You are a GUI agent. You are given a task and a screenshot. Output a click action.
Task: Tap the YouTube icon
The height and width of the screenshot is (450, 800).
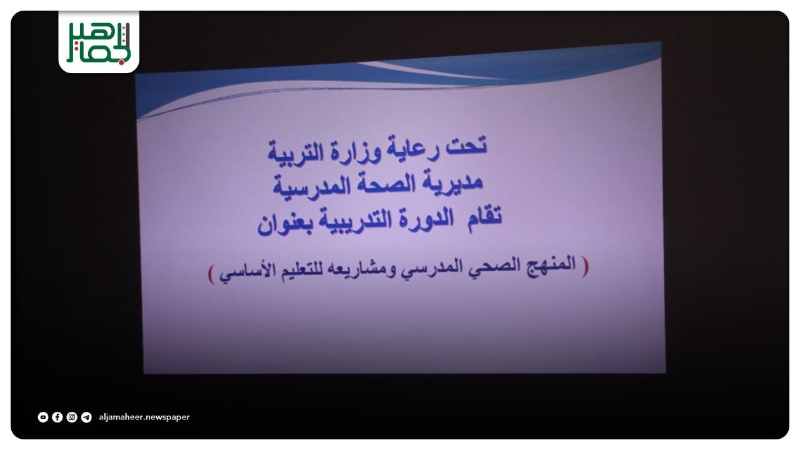click(x=43, y=417)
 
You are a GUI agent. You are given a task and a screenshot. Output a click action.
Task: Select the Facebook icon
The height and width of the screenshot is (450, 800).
click(x=57, y=417)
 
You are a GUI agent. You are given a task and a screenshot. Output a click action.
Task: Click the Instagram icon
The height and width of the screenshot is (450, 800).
click(x=72, y=417)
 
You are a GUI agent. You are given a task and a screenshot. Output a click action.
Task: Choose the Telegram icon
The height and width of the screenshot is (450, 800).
click(x=86, y=417)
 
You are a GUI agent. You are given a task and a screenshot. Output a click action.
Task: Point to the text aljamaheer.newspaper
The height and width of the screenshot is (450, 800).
click(x=144, y=417)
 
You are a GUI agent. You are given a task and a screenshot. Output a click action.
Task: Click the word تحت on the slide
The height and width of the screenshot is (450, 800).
click(x=466, y=146)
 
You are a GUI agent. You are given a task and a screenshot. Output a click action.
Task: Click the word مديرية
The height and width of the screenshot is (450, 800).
click(x=453, y=182)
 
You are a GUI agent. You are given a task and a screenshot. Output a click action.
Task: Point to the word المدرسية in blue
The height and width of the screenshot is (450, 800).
click(x=311, y=187)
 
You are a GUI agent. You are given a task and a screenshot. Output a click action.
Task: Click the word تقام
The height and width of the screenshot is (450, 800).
click(x=484, y=216)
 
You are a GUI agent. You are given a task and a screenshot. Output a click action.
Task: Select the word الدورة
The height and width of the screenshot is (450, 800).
click(x=426, y=219)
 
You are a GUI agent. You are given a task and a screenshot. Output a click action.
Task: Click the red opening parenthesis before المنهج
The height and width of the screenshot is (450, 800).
click(x=585, y=266)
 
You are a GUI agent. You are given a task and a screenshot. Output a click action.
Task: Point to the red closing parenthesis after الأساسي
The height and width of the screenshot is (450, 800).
click(x=211, y=274)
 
